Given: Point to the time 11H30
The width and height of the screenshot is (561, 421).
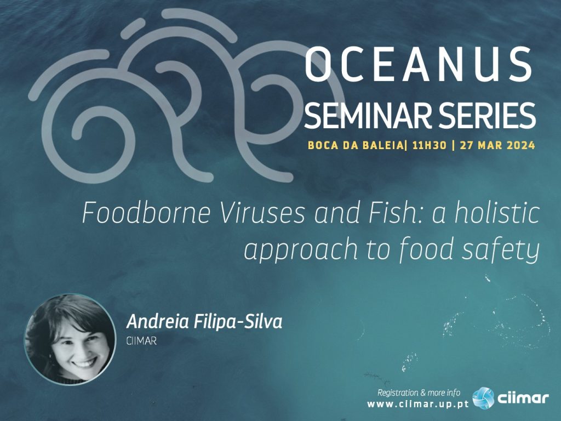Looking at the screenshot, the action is click(430, 145).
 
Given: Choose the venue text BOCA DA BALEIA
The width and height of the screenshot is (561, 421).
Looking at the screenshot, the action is click(355, 145).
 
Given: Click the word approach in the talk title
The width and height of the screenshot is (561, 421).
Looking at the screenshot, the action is click(301, 251).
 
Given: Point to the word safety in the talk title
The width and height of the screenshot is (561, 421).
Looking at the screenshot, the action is click(500, 251).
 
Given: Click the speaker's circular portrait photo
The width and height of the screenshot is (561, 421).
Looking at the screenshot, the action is click(70, 339).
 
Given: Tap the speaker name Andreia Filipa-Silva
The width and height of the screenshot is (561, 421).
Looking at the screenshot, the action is click(204, 321).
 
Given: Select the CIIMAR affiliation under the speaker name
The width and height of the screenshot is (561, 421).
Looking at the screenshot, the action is click(141, 341).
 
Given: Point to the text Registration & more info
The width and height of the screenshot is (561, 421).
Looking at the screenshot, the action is click(419, 392).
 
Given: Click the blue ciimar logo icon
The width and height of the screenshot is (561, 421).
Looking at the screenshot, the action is click(483, 398).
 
